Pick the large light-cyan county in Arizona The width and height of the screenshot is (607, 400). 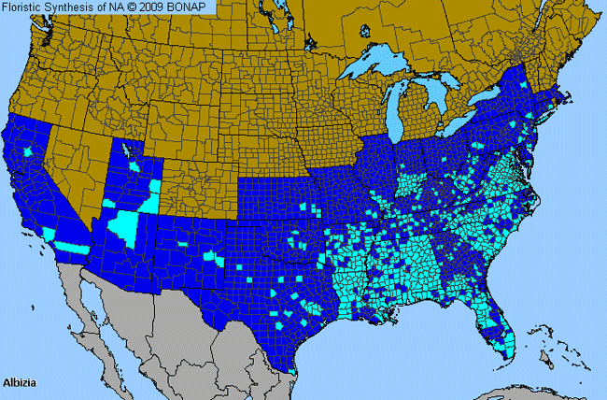124,225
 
